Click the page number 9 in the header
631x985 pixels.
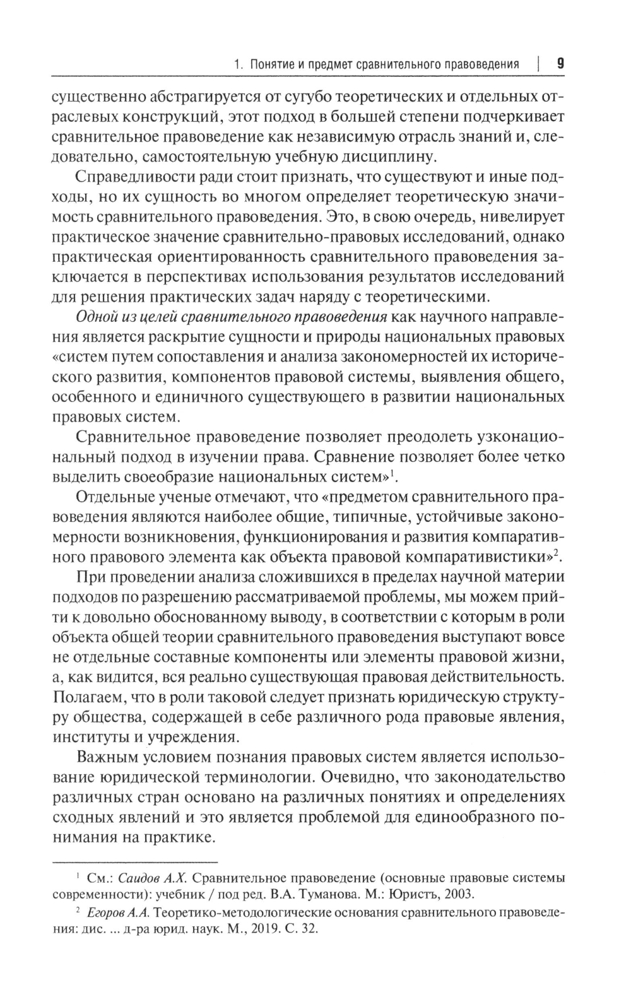tap(560, 63)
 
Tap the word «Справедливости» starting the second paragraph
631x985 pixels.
tap(127, 176)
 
